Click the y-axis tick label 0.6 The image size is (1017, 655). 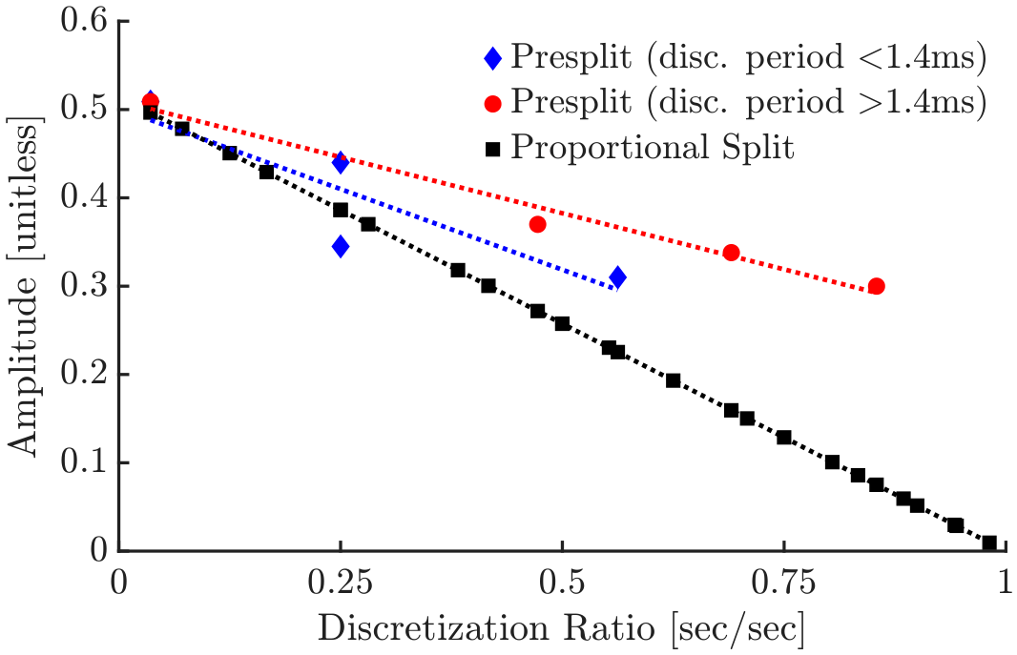coord(83,21)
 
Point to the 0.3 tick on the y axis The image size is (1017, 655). coord(83,286)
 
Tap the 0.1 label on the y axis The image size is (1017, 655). coord(83,462)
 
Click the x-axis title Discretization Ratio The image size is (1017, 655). coord(487,629)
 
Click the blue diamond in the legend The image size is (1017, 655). coord(493,59)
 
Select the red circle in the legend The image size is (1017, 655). coord(493,104)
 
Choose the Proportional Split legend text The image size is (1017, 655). coord(652,148)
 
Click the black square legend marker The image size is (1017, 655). coord(493,150)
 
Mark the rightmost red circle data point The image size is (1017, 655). coord(876,286)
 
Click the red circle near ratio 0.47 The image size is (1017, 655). coord(538,225)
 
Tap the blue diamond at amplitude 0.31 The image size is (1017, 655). coord(617,278)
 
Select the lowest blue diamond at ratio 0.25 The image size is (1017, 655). coord(341,246)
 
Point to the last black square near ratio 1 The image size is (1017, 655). coord(989,542)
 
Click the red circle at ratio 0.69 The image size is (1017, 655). coord(731,253)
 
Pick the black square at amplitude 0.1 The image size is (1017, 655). coord(832,462)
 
